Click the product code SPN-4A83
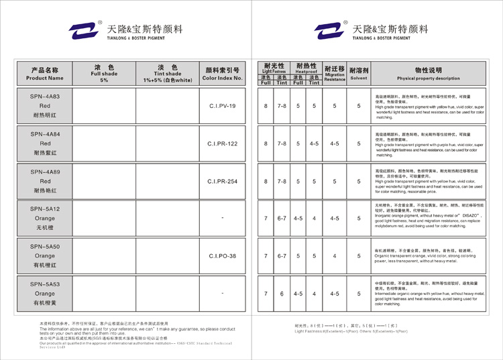[x=45, y=97]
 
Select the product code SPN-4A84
[x=45, y=134]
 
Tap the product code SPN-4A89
[x=45, y=172]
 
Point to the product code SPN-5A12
[x=45, y=208]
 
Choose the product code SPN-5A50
[x=45, y=247]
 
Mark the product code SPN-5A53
[x=45, y=284]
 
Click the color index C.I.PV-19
[x=222, y=107]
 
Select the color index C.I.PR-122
[x=222, y=144]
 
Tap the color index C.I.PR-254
[x=222, y=182]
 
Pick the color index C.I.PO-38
[x=222, y=256]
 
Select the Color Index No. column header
[x=222, y=74]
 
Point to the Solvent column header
[x=359, y=74]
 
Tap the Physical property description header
[x=428, y=74]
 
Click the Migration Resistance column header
[x=335, y=74]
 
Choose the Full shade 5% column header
[x=103, y=74]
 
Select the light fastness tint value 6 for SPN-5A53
[x=282, y=294]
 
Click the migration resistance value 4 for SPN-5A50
[x=335, y=256]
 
